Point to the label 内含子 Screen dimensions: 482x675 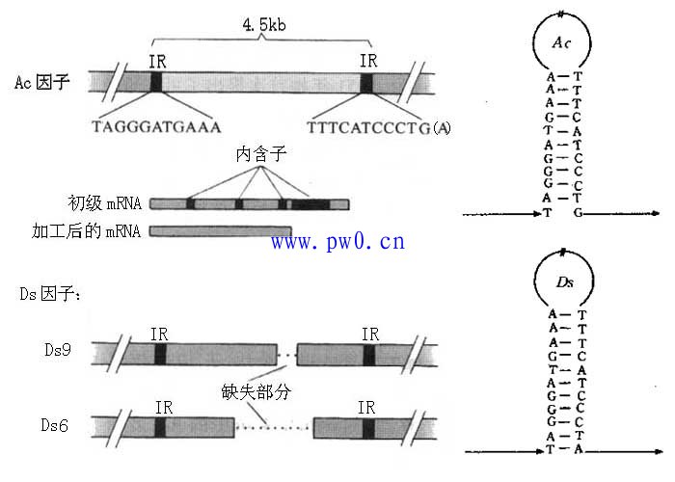click(257, 153)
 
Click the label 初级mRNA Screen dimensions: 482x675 click(104, 203)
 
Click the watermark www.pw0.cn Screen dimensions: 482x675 click(337, 241)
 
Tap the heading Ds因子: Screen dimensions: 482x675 click(50, 293)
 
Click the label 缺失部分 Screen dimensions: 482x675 click(254, 393)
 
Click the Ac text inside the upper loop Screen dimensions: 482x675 click(562, 44)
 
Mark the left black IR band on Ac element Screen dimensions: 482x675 click(156, 81)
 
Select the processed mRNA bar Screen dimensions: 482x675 click(221, 231)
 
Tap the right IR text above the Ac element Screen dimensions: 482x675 click(367, 60)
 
